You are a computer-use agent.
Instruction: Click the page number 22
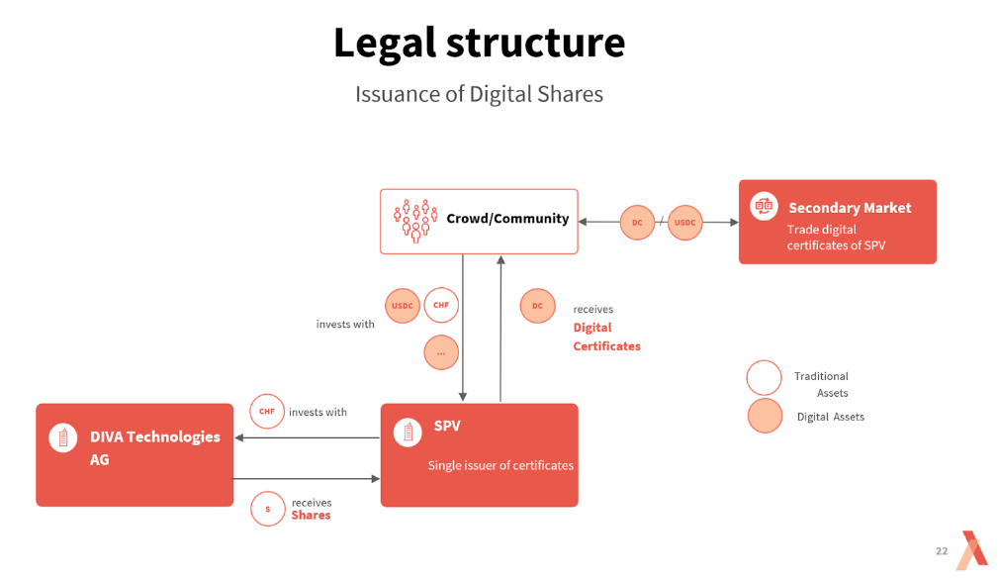[942, 551]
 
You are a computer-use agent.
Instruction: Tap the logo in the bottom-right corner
[972, 549]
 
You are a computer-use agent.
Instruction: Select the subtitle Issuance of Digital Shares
[479, 94]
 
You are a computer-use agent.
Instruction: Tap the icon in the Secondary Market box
[764, 206]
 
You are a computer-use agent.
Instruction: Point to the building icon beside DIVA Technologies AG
[62, 437]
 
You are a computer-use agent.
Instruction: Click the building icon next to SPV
[408, 432]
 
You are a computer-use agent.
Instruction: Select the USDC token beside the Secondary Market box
[685, 223]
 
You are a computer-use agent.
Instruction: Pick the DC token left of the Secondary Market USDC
[637, 223]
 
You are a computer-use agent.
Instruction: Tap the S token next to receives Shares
[267, 509]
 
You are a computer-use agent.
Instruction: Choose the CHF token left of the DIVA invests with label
[267, 412]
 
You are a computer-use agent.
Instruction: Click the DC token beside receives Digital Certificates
[537, 306]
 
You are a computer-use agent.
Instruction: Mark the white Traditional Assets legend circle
[765, 377]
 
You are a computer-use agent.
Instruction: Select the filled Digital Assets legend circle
[765, 417]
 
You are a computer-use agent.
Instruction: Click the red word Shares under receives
[311, 516]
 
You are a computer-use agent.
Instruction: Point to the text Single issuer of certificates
[500, 465]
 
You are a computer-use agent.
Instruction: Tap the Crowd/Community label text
[507, 219]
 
